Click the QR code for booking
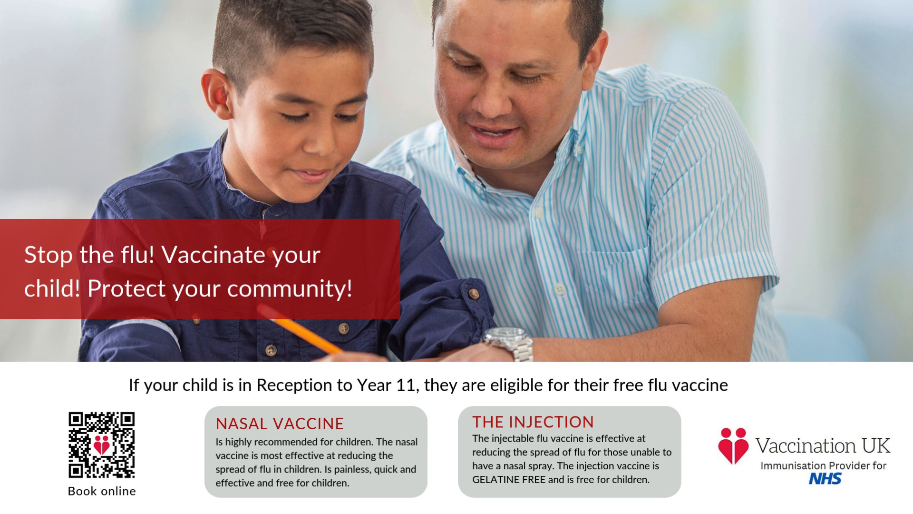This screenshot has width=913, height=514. pyautogui.click(x=102, y=445)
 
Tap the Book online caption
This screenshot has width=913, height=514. pyautogui.click(x=102, y=491)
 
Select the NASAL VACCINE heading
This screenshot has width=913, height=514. pyautogui.click(x=280, y=424)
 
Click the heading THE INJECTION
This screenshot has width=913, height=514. pyautogui.click(x=533, y=422)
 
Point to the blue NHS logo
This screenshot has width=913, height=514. pyautogui.click(x=825, y=478)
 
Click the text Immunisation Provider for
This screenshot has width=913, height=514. pyautogui.click(x=824, y=465)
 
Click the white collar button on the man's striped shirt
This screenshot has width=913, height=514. pyautogui.click(x=579, y=150)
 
